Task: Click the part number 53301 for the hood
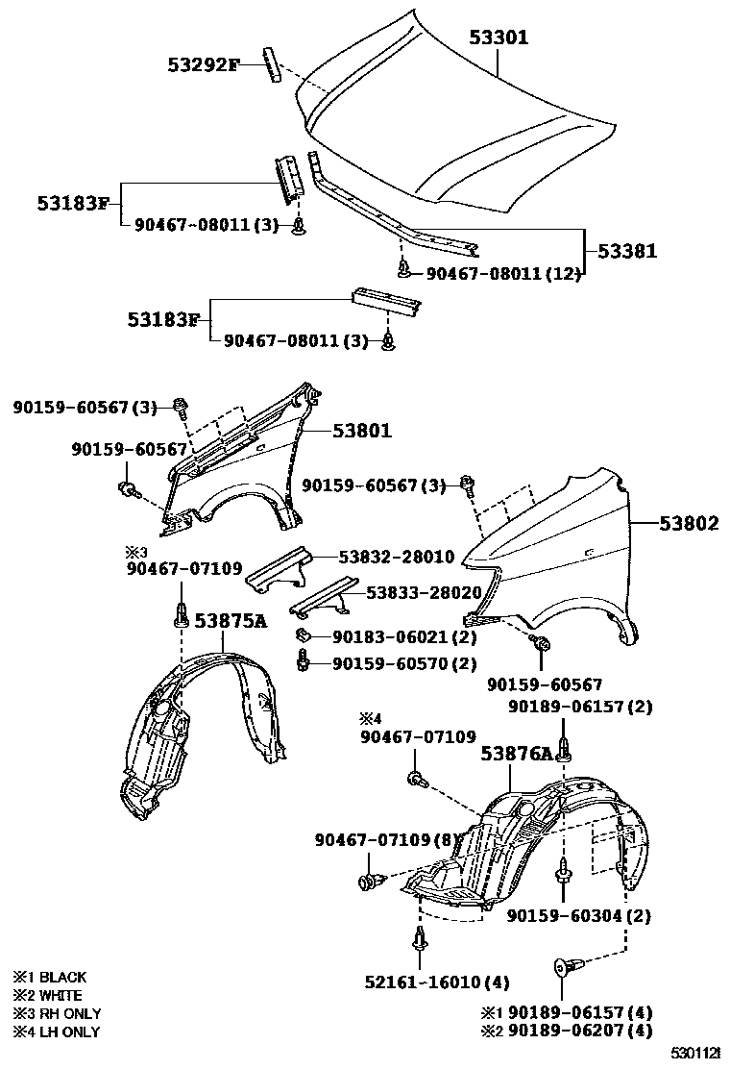pyautogui.click(x=499, y=37)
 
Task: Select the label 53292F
pyautogui.click(x=202, y=65)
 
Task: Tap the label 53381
pyautogui.click(x=627, y=251)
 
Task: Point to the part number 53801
pyautogui.click(x=362, y=432)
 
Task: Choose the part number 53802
pyautogui.click(x=689, y=524)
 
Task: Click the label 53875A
pyautogui.click(x=231, y=621)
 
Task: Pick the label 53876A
pyautogui.click(x=518, y=755)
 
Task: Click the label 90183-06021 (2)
pyautogui.click(x=404, y=636)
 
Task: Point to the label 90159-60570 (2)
pyautogui.click(x=404, y=663)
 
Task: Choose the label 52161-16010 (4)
pyautogui.click(x=436, y=982)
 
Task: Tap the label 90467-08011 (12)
pyautogui.click(x=503, y=275)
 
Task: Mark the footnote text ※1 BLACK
pyautogui.click(x=49, y=978)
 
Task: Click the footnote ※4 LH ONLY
pyautogui.click(x=56, y=1032)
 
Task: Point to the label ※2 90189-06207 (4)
pyautogui.click(x=566, y=1031)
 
